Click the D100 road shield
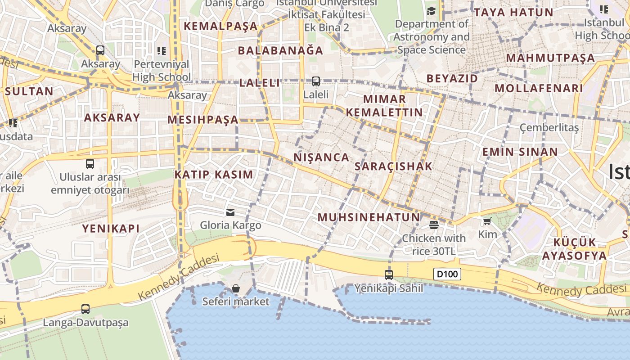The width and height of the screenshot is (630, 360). (447, 274)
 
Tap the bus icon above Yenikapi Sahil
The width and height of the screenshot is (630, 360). (389, 274)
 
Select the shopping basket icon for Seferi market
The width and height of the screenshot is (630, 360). (235, 288)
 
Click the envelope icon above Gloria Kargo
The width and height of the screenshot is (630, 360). (230, 212)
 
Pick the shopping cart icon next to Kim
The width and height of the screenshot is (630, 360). (487, 221)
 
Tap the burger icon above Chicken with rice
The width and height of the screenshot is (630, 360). (434, 225)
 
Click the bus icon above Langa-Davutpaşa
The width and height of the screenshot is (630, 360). (85, 309)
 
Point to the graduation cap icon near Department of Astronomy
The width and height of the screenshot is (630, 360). (431, 11)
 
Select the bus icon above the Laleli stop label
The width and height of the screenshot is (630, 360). (316, 81)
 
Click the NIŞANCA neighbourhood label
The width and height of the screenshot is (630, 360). (321, 157)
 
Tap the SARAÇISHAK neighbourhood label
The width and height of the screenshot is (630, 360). (393, 166)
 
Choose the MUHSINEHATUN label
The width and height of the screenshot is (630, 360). (369, 217)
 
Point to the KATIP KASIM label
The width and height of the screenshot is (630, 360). (214, 175)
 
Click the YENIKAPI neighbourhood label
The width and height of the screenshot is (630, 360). (111, 229)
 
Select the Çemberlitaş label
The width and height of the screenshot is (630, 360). (549, 128)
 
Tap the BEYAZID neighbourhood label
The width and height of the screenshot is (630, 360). (452, 78)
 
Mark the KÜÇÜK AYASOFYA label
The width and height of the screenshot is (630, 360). (574, 249)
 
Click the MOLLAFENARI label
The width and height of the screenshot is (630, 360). (539, 88)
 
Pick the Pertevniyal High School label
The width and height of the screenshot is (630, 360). (162, 71)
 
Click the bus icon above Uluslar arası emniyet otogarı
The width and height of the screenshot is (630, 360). (90, 164)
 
